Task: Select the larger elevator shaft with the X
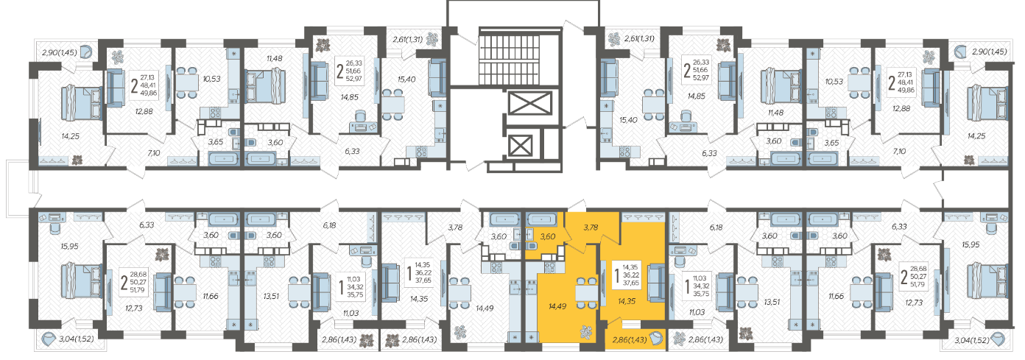point(530,103)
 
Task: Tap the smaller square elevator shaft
point(521,147)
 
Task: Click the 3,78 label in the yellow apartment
point(591,227)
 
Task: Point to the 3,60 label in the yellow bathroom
point(548,236)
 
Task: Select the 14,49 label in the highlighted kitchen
point(557,306)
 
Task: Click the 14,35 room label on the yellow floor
point(627,301)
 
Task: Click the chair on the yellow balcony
point(656,339)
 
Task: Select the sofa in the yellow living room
point(656,282)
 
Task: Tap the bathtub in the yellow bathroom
point(541,219)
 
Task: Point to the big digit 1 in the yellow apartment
point(617,275)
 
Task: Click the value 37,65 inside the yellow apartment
point(630,283)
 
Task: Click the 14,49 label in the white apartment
point(485,308)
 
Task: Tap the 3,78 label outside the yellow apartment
point(455,227)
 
